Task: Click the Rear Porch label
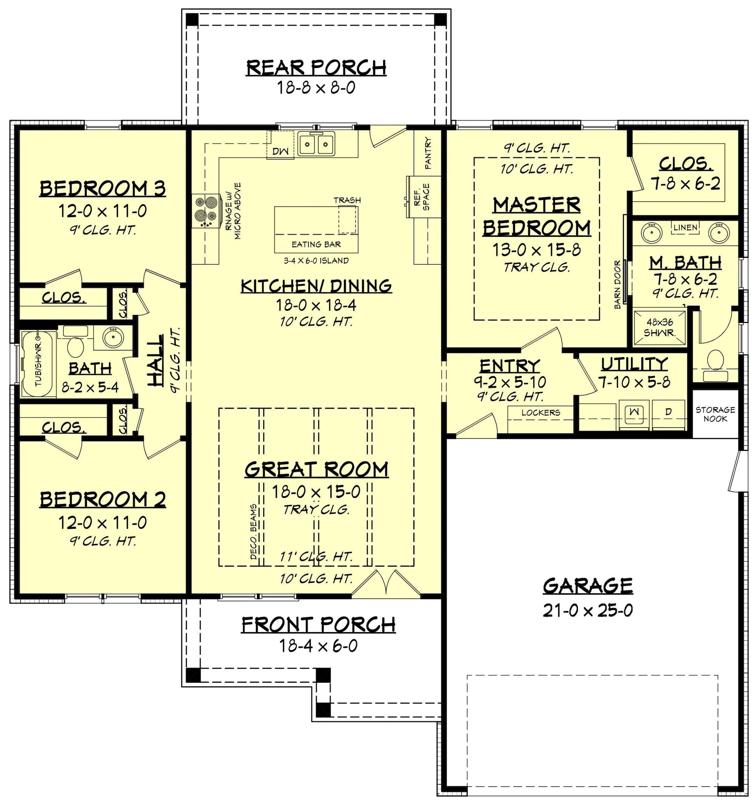pos(316,68)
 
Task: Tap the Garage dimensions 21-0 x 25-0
pos(588,610)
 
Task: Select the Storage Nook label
pos(715,414)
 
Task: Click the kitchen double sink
pos(316,143)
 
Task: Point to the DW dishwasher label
pos(280,151)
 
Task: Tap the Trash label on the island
pos(347,200)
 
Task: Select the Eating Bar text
pos(316,244)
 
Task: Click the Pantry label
pos(428,153)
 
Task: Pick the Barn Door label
pos(617,285)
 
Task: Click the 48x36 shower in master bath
pos(660,328)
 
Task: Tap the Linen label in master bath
pos(685,228)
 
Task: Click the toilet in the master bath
pos(715,364)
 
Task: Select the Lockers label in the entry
pos(541,413)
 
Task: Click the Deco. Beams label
pos(254,532)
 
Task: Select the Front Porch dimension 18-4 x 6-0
pos(318,645)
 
